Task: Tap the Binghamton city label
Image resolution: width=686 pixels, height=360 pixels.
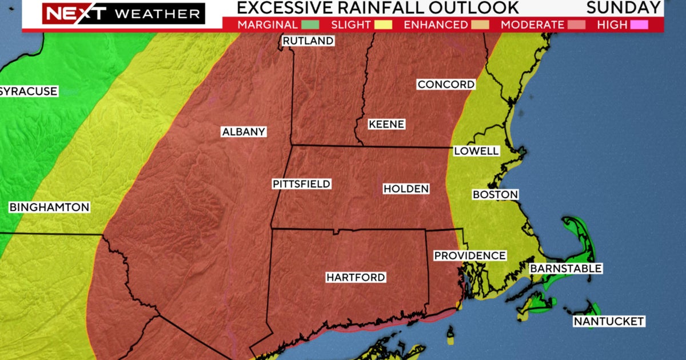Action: [50, 207]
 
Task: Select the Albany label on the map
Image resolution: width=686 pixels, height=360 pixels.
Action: [244, 132]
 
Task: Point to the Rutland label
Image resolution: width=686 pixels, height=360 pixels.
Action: [308, 41]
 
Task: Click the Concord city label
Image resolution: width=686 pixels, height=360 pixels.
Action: [446, 85]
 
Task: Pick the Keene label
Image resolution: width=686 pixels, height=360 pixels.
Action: [386, 124]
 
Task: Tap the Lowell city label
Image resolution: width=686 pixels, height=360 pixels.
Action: [476, 151]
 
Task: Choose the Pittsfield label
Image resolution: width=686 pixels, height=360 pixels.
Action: [301, 184]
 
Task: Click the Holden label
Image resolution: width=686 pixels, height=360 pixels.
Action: [406, 189]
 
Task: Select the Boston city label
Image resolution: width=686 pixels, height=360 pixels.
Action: [495, 195]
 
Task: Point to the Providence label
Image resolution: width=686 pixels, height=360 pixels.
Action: [470, 255]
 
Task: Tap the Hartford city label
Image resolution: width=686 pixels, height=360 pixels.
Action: [356, 278]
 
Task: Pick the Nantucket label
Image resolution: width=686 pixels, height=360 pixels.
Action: [609, 322]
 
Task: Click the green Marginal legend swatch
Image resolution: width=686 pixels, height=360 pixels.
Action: [310, 25]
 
